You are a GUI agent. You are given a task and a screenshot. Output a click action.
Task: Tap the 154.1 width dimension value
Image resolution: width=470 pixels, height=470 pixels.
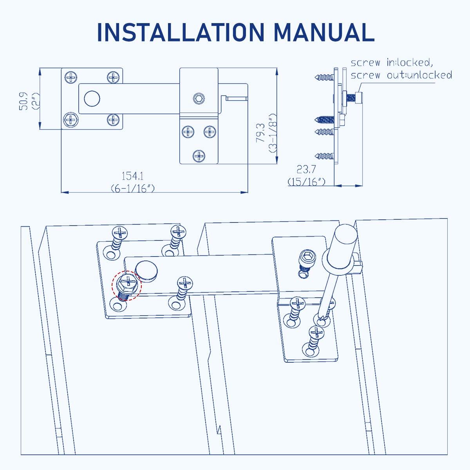pos(132,175)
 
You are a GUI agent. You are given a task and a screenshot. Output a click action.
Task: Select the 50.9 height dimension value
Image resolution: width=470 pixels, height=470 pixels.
pos(24,101)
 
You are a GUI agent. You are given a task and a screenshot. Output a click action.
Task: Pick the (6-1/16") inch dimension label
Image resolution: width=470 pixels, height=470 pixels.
pos(132,188)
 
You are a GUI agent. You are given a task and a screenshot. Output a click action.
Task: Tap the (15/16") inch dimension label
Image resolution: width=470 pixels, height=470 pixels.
pos(306,181)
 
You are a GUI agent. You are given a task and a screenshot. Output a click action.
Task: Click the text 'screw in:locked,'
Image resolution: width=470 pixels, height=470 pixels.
pos(391,63)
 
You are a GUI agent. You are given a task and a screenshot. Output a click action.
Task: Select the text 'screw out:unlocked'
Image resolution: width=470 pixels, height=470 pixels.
pos(401,75)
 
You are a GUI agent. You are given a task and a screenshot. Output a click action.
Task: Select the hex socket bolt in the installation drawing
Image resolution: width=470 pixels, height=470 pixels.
pos(306,259)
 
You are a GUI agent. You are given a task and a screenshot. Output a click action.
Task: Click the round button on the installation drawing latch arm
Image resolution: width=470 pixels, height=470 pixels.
pos(146,270)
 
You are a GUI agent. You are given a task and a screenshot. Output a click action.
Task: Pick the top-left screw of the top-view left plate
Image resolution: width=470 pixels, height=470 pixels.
pos(71,77)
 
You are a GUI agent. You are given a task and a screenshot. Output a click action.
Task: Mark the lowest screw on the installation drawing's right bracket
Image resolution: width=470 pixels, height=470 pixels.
pos(315,337)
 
